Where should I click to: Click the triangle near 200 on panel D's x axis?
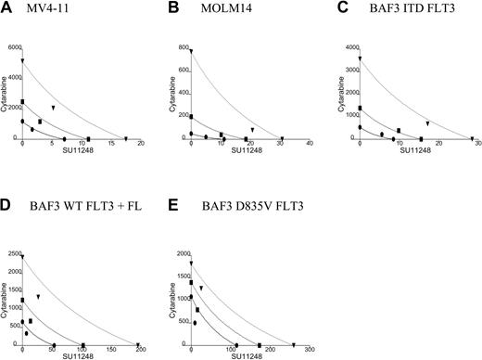(138, 345)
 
